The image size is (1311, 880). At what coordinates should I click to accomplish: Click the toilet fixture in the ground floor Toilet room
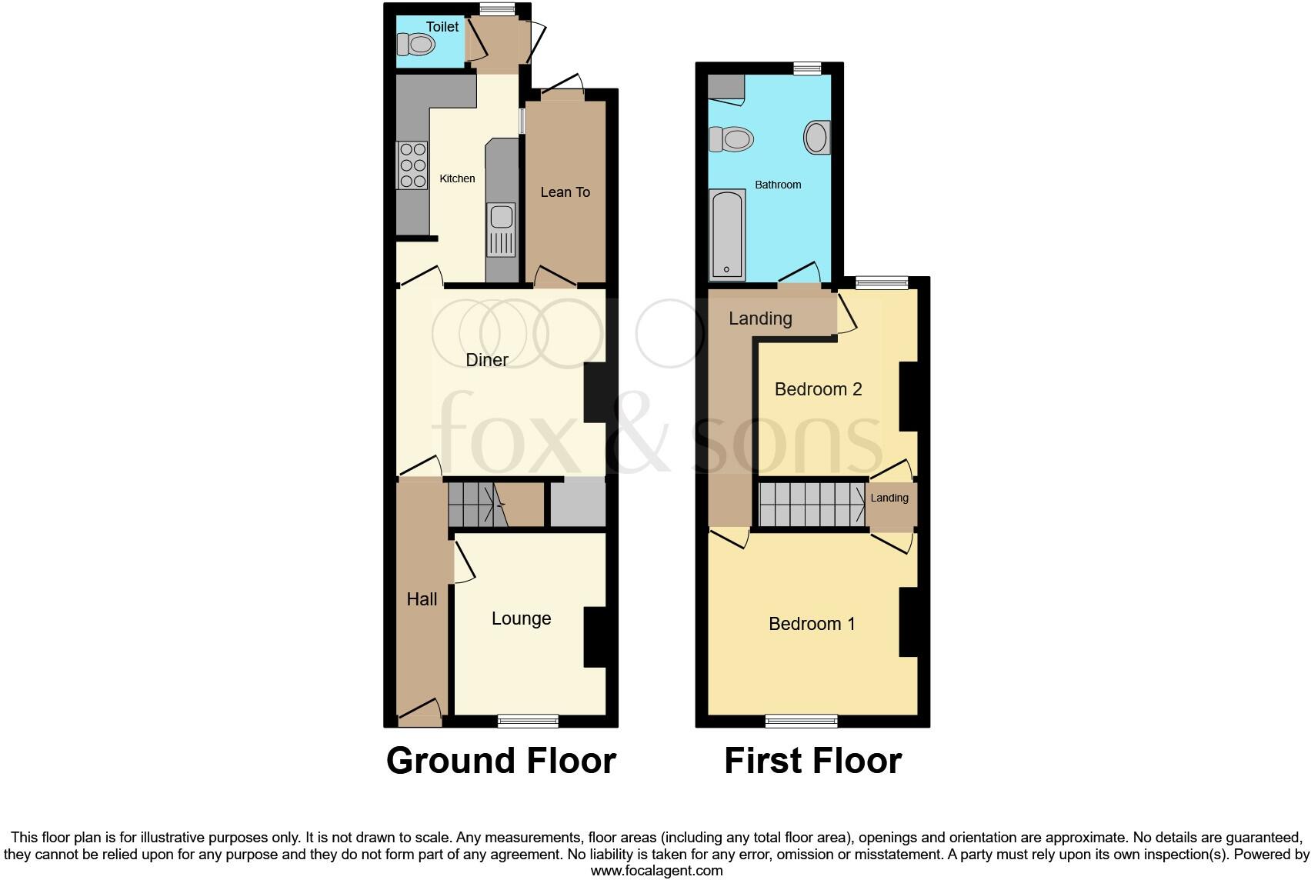[416, 45]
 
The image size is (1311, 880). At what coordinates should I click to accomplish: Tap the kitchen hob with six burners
[412, 165]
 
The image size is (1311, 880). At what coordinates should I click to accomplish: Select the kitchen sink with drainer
[501, 229]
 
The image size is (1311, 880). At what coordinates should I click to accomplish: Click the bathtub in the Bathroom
[727, 234]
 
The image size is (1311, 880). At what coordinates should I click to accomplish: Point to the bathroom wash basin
[817, 138]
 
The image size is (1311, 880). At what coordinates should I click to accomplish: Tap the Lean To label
[565, 192]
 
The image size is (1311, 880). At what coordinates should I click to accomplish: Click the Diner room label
[487, 360]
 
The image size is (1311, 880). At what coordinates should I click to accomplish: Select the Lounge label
[521, 619]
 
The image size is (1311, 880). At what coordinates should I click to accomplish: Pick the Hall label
[422, 599]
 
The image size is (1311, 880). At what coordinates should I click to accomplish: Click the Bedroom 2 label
[818, 389]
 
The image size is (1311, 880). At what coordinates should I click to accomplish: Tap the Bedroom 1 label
[812, 624]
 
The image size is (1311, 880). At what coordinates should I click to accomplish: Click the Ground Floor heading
[501, 761]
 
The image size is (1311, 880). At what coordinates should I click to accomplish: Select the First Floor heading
[812, 761]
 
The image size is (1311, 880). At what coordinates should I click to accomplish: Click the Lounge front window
[528, 721]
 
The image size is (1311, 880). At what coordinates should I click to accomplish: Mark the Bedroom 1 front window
[801, 721]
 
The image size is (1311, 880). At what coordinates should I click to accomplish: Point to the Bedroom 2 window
[882, 283]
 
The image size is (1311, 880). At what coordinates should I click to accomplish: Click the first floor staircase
[812, 504]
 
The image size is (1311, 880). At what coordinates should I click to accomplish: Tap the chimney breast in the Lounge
[595, 637]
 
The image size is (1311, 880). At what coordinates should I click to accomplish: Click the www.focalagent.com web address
[656, 871]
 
